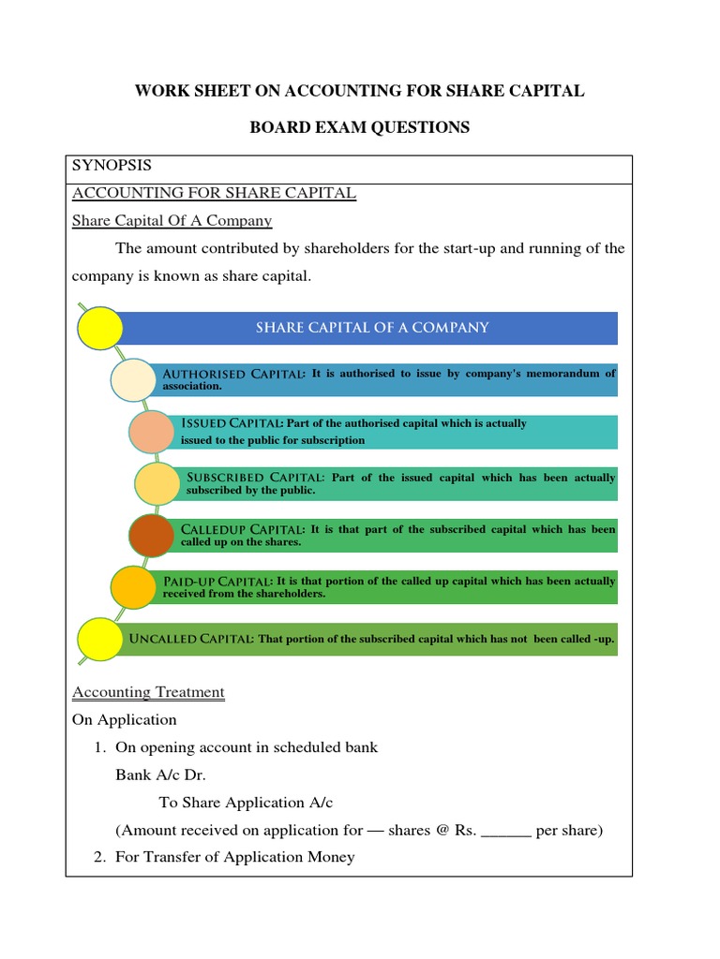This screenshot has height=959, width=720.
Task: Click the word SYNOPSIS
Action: click(112, 166)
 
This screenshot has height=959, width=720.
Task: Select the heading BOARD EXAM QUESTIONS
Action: click(359, 127)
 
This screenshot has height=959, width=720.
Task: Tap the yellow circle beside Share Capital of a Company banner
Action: click(99, 328)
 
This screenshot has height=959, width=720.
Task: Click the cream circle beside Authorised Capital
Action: click(135, 379)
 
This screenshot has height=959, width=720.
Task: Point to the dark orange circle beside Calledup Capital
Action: click(151, 535)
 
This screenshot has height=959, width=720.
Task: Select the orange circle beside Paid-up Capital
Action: click(134, 586)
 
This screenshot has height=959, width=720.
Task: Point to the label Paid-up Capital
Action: click(218, 582)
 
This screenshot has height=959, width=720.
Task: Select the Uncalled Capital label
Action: click(191, 639)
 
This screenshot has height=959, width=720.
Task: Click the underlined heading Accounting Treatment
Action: click(148, 693)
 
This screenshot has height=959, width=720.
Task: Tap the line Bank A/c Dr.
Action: click(160, 775)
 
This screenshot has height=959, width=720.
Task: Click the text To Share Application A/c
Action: click(246, 803)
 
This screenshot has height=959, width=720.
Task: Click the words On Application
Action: click(124, 720)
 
